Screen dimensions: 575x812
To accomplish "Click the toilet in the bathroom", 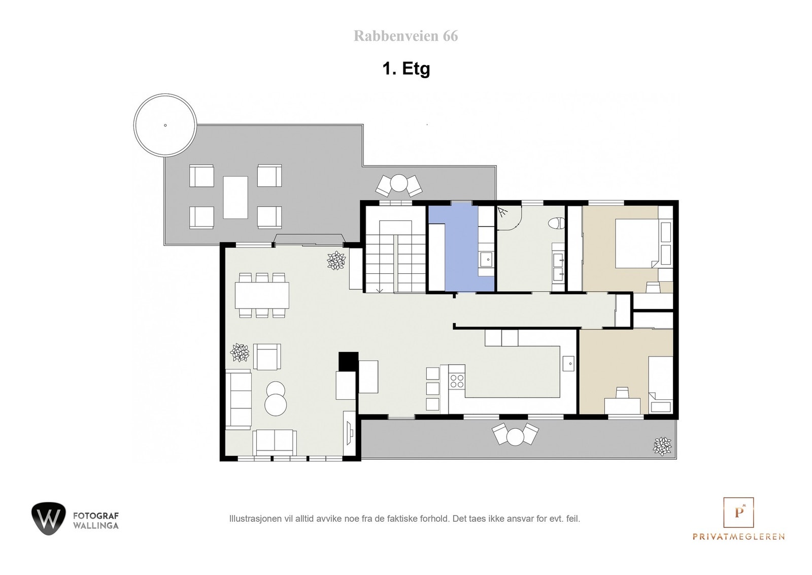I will point(558,223).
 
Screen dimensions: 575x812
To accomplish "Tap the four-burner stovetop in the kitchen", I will point(457,381).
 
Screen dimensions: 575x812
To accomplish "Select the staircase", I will point(394,257).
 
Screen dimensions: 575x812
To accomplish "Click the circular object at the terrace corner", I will point(165,125).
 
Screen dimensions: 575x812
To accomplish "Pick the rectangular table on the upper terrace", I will point(235,197).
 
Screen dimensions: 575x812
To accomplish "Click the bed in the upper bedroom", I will point(637,243).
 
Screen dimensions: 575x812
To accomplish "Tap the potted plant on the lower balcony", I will point(662,446).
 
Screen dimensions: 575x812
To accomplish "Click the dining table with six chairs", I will point(262,295).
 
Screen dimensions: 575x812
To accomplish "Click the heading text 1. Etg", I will point(406,69).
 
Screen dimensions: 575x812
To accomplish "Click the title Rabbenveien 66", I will point(405,36).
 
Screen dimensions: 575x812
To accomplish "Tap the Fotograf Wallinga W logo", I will point(48,519).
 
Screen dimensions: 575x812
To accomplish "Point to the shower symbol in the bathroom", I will point(503,212).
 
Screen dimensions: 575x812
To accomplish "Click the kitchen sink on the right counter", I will point(568,364).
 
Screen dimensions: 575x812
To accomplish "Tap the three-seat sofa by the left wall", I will point(239,400).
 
